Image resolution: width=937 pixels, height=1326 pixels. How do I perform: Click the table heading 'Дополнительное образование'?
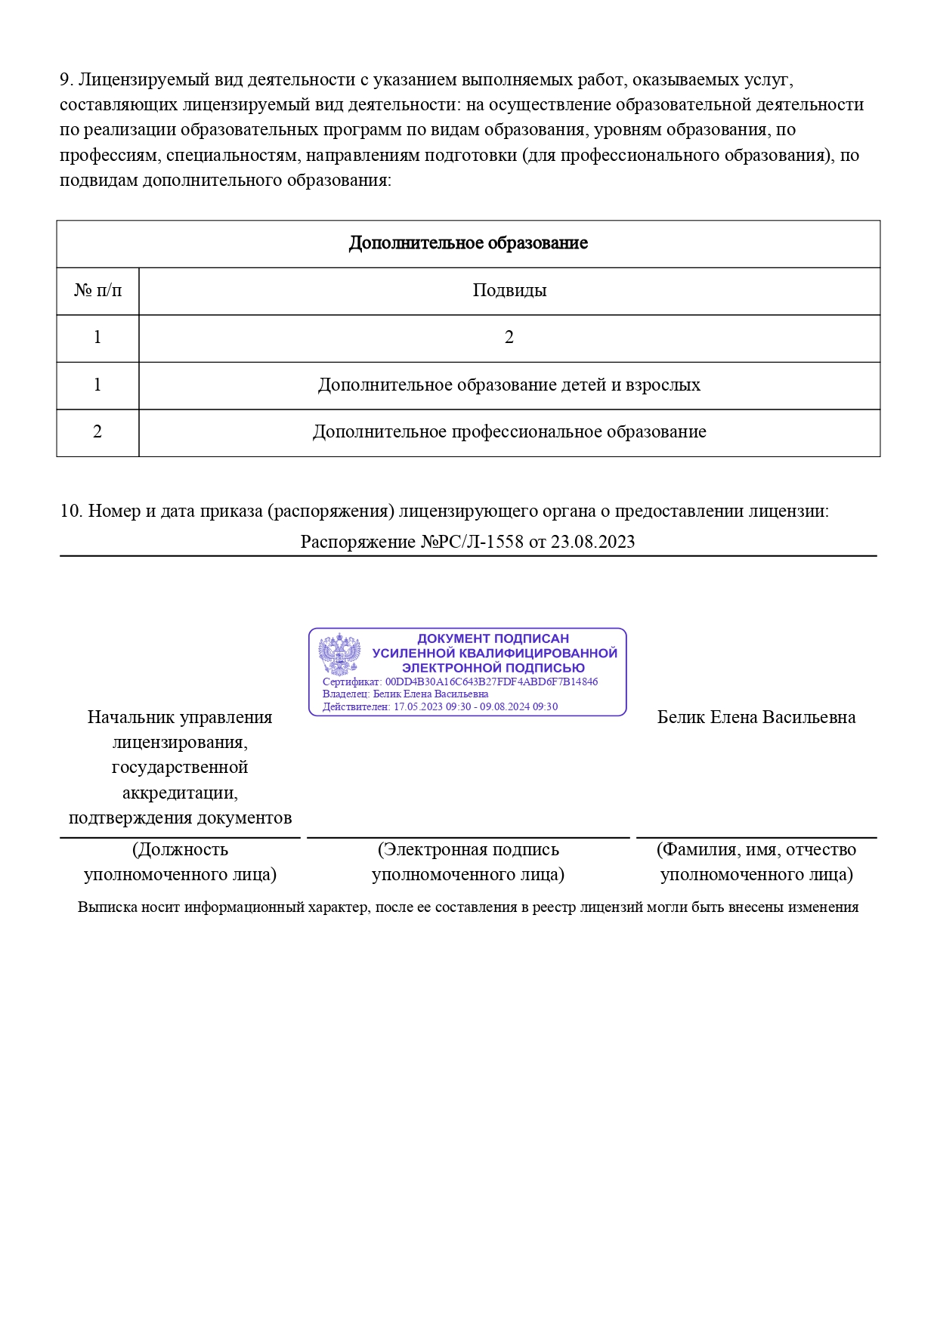468,243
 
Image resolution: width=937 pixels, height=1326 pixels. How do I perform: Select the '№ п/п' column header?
97,290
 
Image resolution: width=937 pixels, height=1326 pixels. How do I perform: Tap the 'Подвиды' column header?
509,290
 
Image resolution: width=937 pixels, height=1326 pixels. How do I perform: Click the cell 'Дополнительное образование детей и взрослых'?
509,385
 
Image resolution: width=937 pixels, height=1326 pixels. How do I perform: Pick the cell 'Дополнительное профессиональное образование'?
509,431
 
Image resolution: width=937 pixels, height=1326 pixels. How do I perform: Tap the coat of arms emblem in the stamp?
339,654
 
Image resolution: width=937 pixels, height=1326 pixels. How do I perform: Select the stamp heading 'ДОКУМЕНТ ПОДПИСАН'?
493,638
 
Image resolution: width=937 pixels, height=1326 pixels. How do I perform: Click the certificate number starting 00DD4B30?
491,682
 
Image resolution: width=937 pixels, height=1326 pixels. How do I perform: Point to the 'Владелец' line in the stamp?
405,694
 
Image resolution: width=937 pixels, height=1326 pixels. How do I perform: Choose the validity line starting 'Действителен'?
440,706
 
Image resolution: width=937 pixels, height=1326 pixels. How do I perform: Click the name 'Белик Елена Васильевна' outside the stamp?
756,717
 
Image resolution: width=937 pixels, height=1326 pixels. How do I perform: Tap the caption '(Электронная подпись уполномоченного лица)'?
468,861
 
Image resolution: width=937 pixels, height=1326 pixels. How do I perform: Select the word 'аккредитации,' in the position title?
180,793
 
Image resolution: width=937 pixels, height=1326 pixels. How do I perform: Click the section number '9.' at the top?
66,79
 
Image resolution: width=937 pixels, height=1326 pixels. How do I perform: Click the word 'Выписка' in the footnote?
103,907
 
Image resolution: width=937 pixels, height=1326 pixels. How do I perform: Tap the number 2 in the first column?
97,431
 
